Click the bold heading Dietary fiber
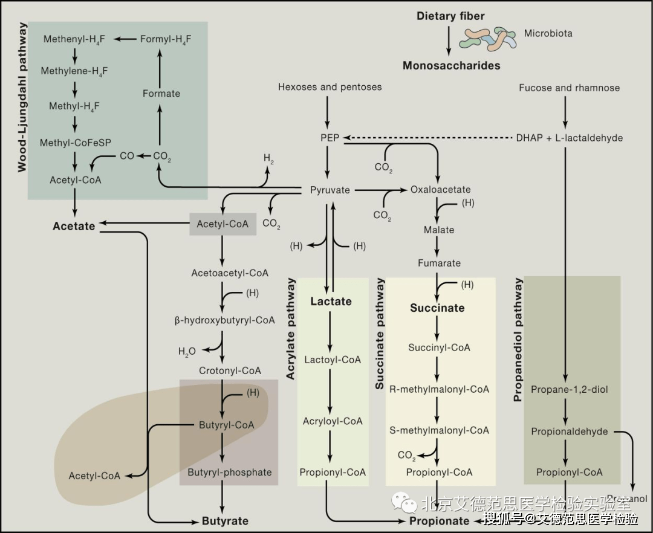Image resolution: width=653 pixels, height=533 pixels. pyautogui.click(x=450, y=16)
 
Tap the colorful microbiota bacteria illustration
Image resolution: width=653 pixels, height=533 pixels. pyautogui.click(x=488, y=38)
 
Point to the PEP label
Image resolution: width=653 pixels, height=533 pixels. pyautogui.click(x=330, y=138)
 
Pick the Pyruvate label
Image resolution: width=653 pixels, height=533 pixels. pyautogui.click(x=330, y=190)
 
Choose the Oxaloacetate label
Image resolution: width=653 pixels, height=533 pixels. pyautogui.click(x=440, y=190)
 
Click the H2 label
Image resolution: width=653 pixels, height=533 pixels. pyautogui.click(x=268, y=158)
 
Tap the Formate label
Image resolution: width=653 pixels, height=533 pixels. pyautogui.click(x=161, y=94)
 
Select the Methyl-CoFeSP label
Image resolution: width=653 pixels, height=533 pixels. pyautogui.click(x=74, y=143)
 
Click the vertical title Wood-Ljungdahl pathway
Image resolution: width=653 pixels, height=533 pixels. pyautogui.click(x=22, y=97)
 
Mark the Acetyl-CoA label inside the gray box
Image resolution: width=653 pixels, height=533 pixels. pyautogui.click(x=223, y=224)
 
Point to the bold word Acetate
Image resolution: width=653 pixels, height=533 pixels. pyautogui.click(x=74, y=226)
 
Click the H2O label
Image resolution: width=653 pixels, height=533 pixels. pyautogui.click(x=187, y=351)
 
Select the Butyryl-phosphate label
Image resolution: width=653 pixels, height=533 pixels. pyautogui.click(x=230, y=472)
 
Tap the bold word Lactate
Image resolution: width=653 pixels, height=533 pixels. pyautogui.click(x=331, y=301)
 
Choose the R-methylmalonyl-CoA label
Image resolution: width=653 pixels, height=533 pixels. pyautogui.click(x=440, y=389)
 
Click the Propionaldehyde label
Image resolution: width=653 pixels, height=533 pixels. pyautogui.click(x=570, y=431)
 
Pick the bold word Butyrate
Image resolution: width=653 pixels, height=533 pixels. pyautogui.click(x=225, y=520)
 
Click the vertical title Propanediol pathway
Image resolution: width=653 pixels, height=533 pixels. pyautogui.click(x=518, y=340)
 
